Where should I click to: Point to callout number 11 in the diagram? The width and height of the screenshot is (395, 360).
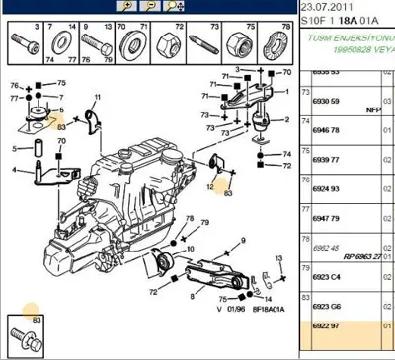pyautogui.click(x=98, y=98)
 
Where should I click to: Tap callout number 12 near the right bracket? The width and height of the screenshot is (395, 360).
pyautogui.click(x=209, y=184)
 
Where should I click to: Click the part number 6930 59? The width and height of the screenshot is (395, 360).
pyautogui.click(x=327, y=102)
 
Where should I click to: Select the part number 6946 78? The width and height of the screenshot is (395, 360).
pyautogui.click(x=327, y=129)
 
